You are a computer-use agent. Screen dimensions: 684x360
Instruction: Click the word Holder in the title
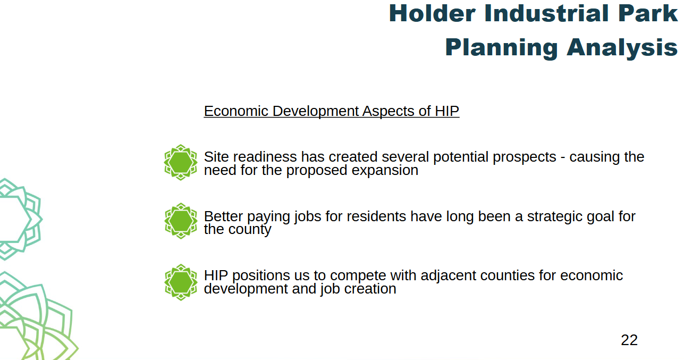tap(432, 13)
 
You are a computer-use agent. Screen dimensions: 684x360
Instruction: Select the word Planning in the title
tap(501, 48)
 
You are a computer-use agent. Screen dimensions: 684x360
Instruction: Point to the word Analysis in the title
tap(622, 48)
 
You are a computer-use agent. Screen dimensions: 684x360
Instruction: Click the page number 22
tap(629, 340)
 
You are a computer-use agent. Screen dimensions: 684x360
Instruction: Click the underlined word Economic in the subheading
tap(236, 111)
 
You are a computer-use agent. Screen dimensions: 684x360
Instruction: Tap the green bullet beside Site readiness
tap(181, 162)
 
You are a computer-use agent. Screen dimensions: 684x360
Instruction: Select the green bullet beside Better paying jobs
tap(181, 221)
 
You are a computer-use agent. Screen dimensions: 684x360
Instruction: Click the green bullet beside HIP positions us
tap(181, 282)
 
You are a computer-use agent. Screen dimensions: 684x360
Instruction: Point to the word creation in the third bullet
tap(370, 289)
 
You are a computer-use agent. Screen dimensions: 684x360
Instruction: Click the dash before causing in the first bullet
tap(563, 158)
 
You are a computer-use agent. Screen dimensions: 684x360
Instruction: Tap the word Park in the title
tap(648, 13)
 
